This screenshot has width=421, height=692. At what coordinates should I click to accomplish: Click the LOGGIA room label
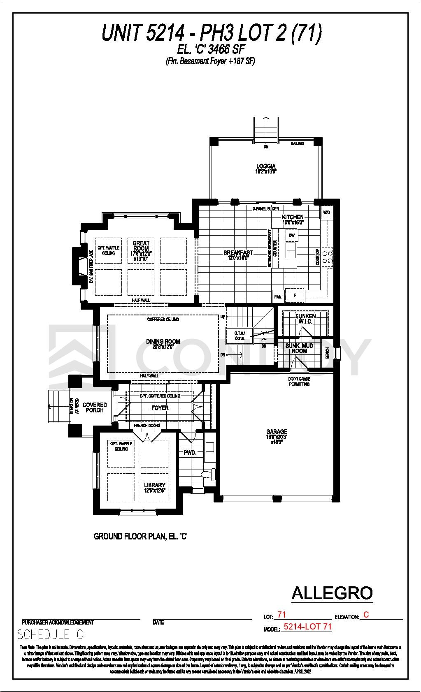point(265,167)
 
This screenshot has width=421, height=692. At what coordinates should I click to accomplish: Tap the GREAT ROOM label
point(141,246)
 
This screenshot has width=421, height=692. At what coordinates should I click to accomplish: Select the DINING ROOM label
point(163,341)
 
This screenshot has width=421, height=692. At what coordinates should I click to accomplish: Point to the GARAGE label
point(277,432)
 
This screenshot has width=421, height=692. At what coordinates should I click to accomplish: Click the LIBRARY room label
point(154,485)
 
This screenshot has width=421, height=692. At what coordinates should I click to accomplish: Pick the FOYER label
point(160,408)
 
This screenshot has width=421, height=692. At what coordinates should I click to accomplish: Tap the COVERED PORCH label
point(95,407)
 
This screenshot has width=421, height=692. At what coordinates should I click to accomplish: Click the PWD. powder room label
point(190,452)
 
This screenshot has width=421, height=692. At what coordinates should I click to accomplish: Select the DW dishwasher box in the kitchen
point(292,236)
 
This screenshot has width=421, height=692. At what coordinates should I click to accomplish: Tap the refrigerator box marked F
point(295,296)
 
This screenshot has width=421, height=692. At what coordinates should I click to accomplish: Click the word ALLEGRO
point(332,593)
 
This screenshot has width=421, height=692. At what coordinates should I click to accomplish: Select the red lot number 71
point(281,615)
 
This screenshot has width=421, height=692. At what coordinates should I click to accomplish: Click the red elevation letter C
point(366,615)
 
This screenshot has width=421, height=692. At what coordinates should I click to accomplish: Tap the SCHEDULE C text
point(50,634)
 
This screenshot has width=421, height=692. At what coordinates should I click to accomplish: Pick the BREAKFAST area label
point(238,252)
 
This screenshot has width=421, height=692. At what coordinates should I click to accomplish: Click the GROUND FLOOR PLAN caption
point(141,536)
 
